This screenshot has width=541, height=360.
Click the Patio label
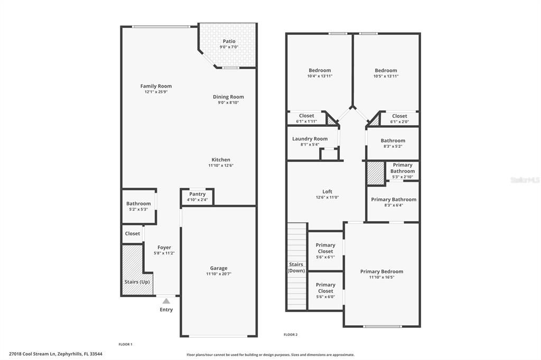point(229,41)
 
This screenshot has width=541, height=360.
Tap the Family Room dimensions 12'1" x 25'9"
point(156,92)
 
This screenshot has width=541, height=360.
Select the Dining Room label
point(228,97)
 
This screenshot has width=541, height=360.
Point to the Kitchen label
point(221,159)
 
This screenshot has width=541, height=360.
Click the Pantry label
point(197,194)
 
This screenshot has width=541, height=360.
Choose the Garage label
point(219,268)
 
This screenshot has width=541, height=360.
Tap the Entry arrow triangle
point(166,301)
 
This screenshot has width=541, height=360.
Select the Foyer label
point(164,247)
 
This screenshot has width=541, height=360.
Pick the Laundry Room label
point(310,139)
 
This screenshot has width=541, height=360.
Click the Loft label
point(328,192)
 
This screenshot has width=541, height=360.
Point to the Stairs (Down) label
point(296,267)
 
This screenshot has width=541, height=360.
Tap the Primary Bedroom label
point(381,271)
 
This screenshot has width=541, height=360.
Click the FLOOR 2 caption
point(291,335)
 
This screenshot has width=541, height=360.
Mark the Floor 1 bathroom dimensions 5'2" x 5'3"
point(138,210)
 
